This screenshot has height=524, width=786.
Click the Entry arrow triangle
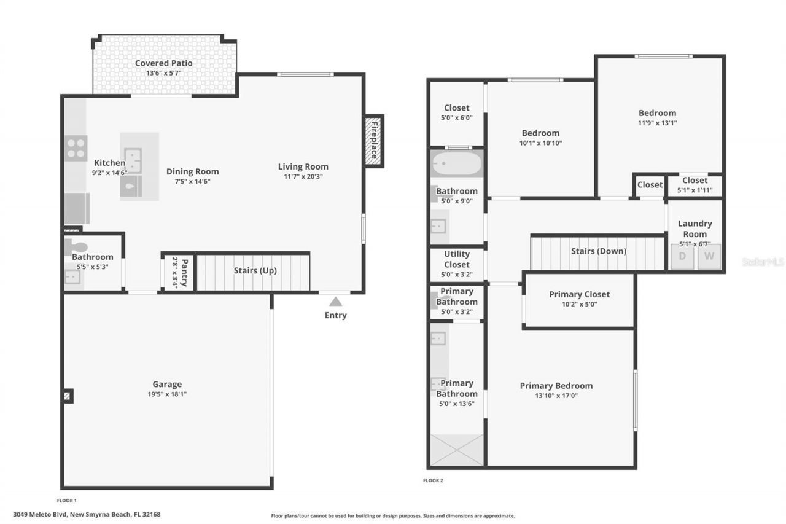point(335,302)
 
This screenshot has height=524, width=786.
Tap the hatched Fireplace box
point(373,141)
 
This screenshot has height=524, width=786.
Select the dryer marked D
point(682,257)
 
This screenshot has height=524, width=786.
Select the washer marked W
point(709,257)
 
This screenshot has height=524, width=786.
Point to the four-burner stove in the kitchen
point(76,148)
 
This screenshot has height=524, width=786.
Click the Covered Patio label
point(163,63)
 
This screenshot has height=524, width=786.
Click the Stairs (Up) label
point(255,270)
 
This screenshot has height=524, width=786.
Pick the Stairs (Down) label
point(598,251)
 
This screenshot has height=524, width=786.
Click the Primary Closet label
point(579,294)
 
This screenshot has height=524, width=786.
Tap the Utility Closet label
point(456,259)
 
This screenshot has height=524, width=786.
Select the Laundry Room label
point(695,229)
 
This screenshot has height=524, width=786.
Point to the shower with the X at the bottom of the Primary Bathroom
point(456,450)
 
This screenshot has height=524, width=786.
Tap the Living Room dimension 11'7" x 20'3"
point(303,176)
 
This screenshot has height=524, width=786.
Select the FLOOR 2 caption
point(433,480)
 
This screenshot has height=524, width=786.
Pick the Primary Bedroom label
point(556,386)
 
